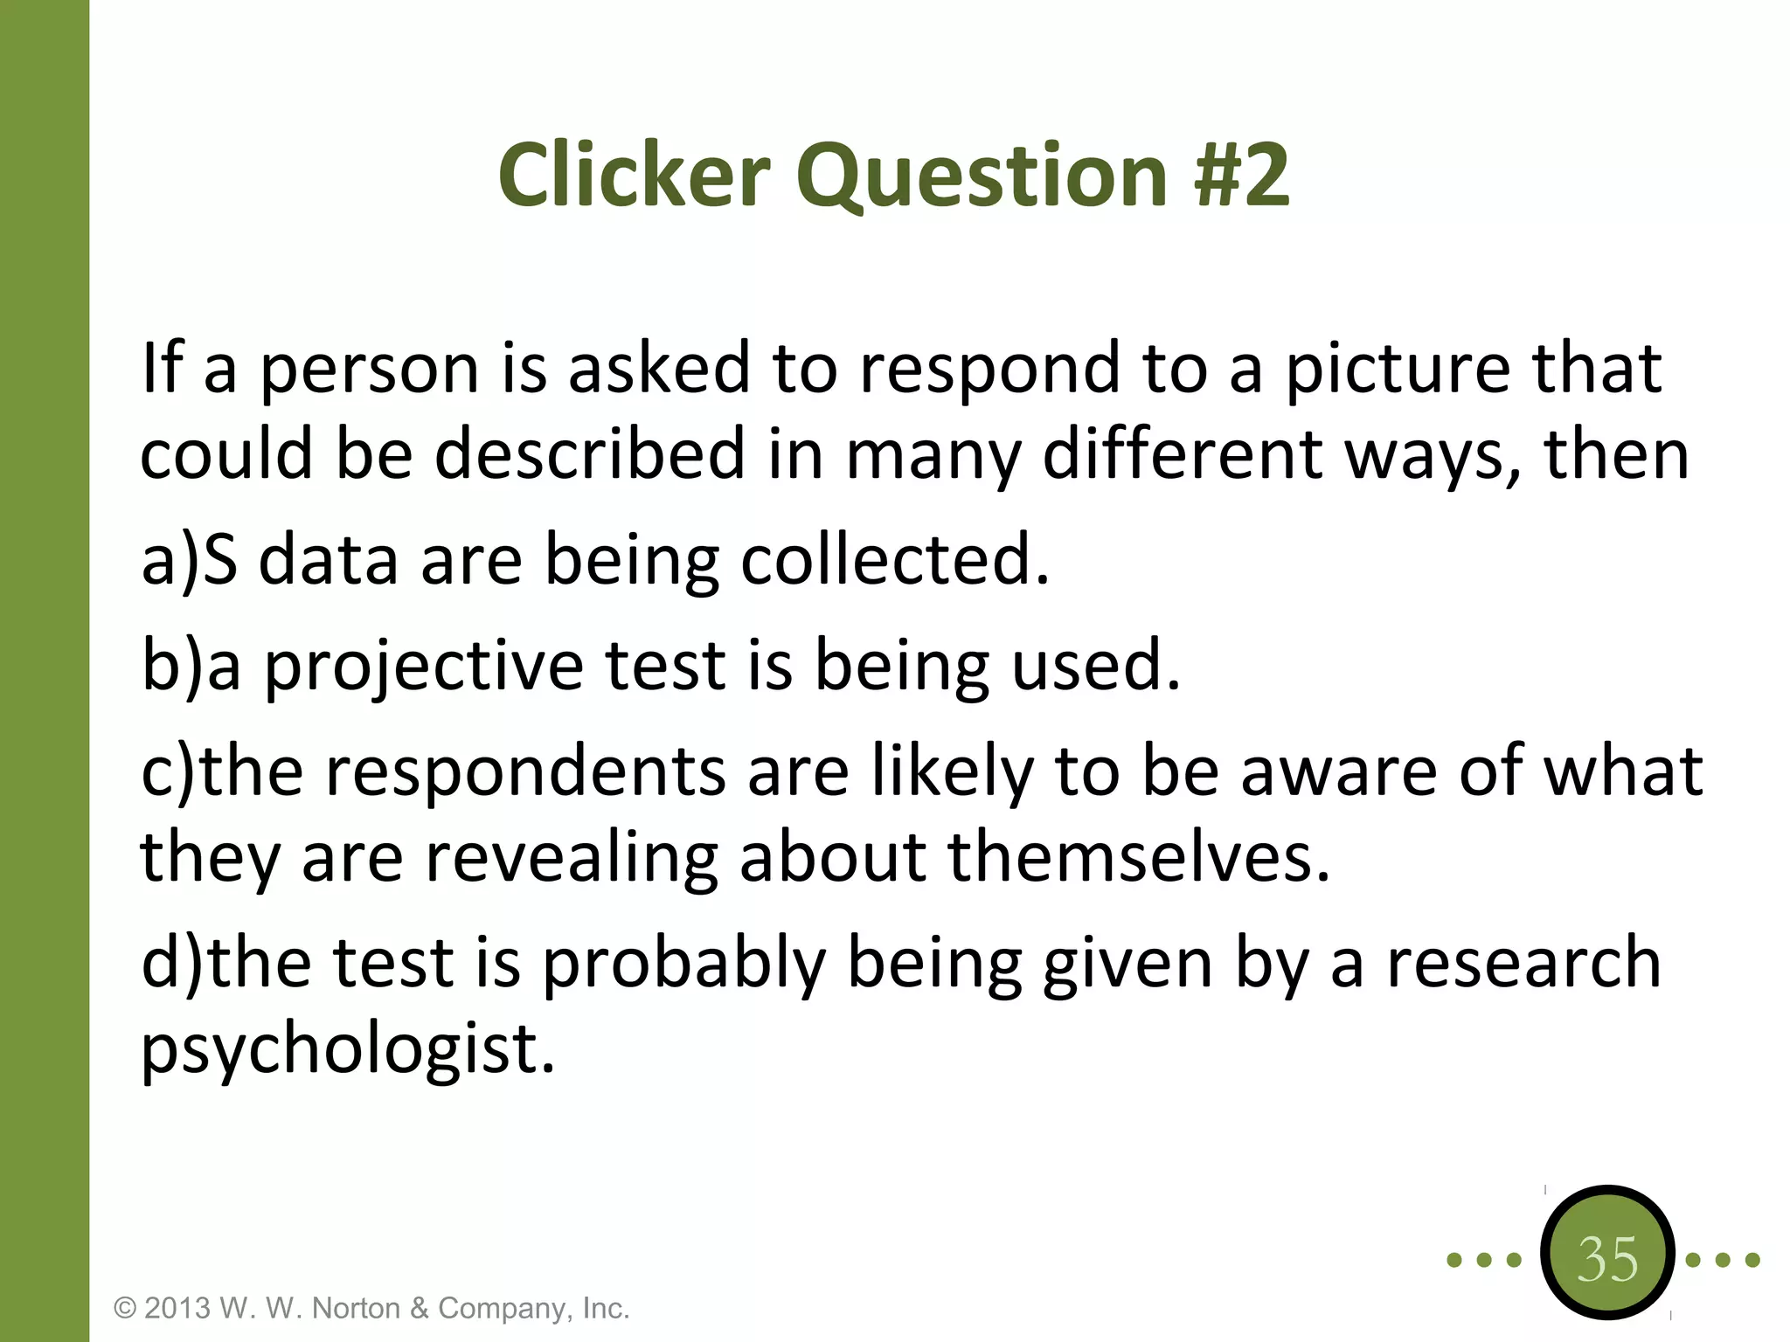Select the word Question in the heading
(x=982, y=177)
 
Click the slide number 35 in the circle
(x=1607, y=1259)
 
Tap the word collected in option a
(x=894, y=560)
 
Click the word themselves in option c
(x=1139, y=857)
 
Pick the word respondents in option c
(x=525, y=772)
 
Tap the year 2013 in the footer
(x=177, y=1308)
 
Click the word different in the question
(x=1183, y=455)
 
